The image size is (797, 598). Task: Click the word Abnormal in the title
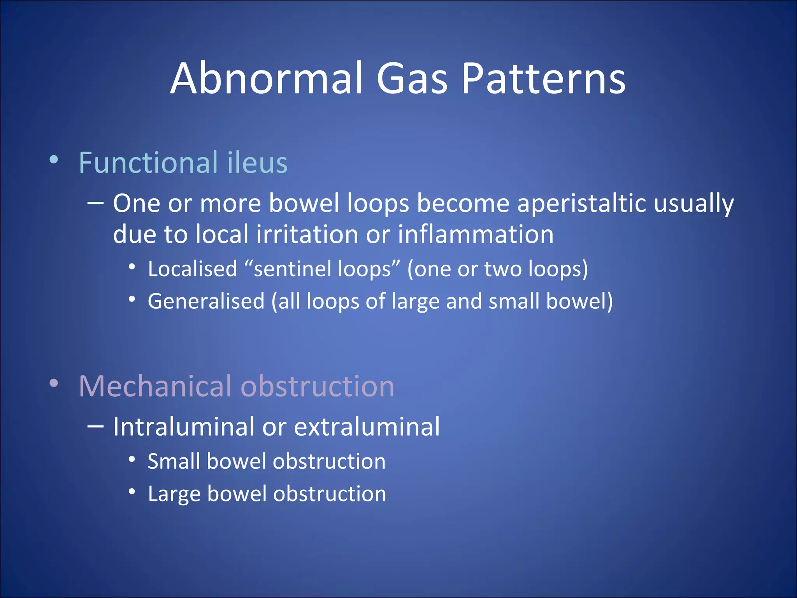(267, 79)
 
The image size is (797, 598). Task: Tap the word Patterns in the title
(543, 79)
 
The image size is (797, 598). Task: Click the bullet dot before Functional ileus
(54, 160)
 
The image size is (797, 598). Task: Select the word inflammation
(476, 234)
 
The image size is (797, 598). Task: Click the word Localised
(192, 269)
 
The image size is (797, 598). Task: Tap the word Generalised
(206, 301)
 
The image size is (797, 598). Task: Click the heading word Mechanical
(155, 386)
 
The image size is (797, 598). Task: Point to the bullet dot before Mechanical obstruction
(54, 383)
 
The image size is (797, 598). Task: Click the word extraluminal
(367, 427)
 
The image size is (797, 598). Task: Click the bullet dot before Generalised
(132, 299)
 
